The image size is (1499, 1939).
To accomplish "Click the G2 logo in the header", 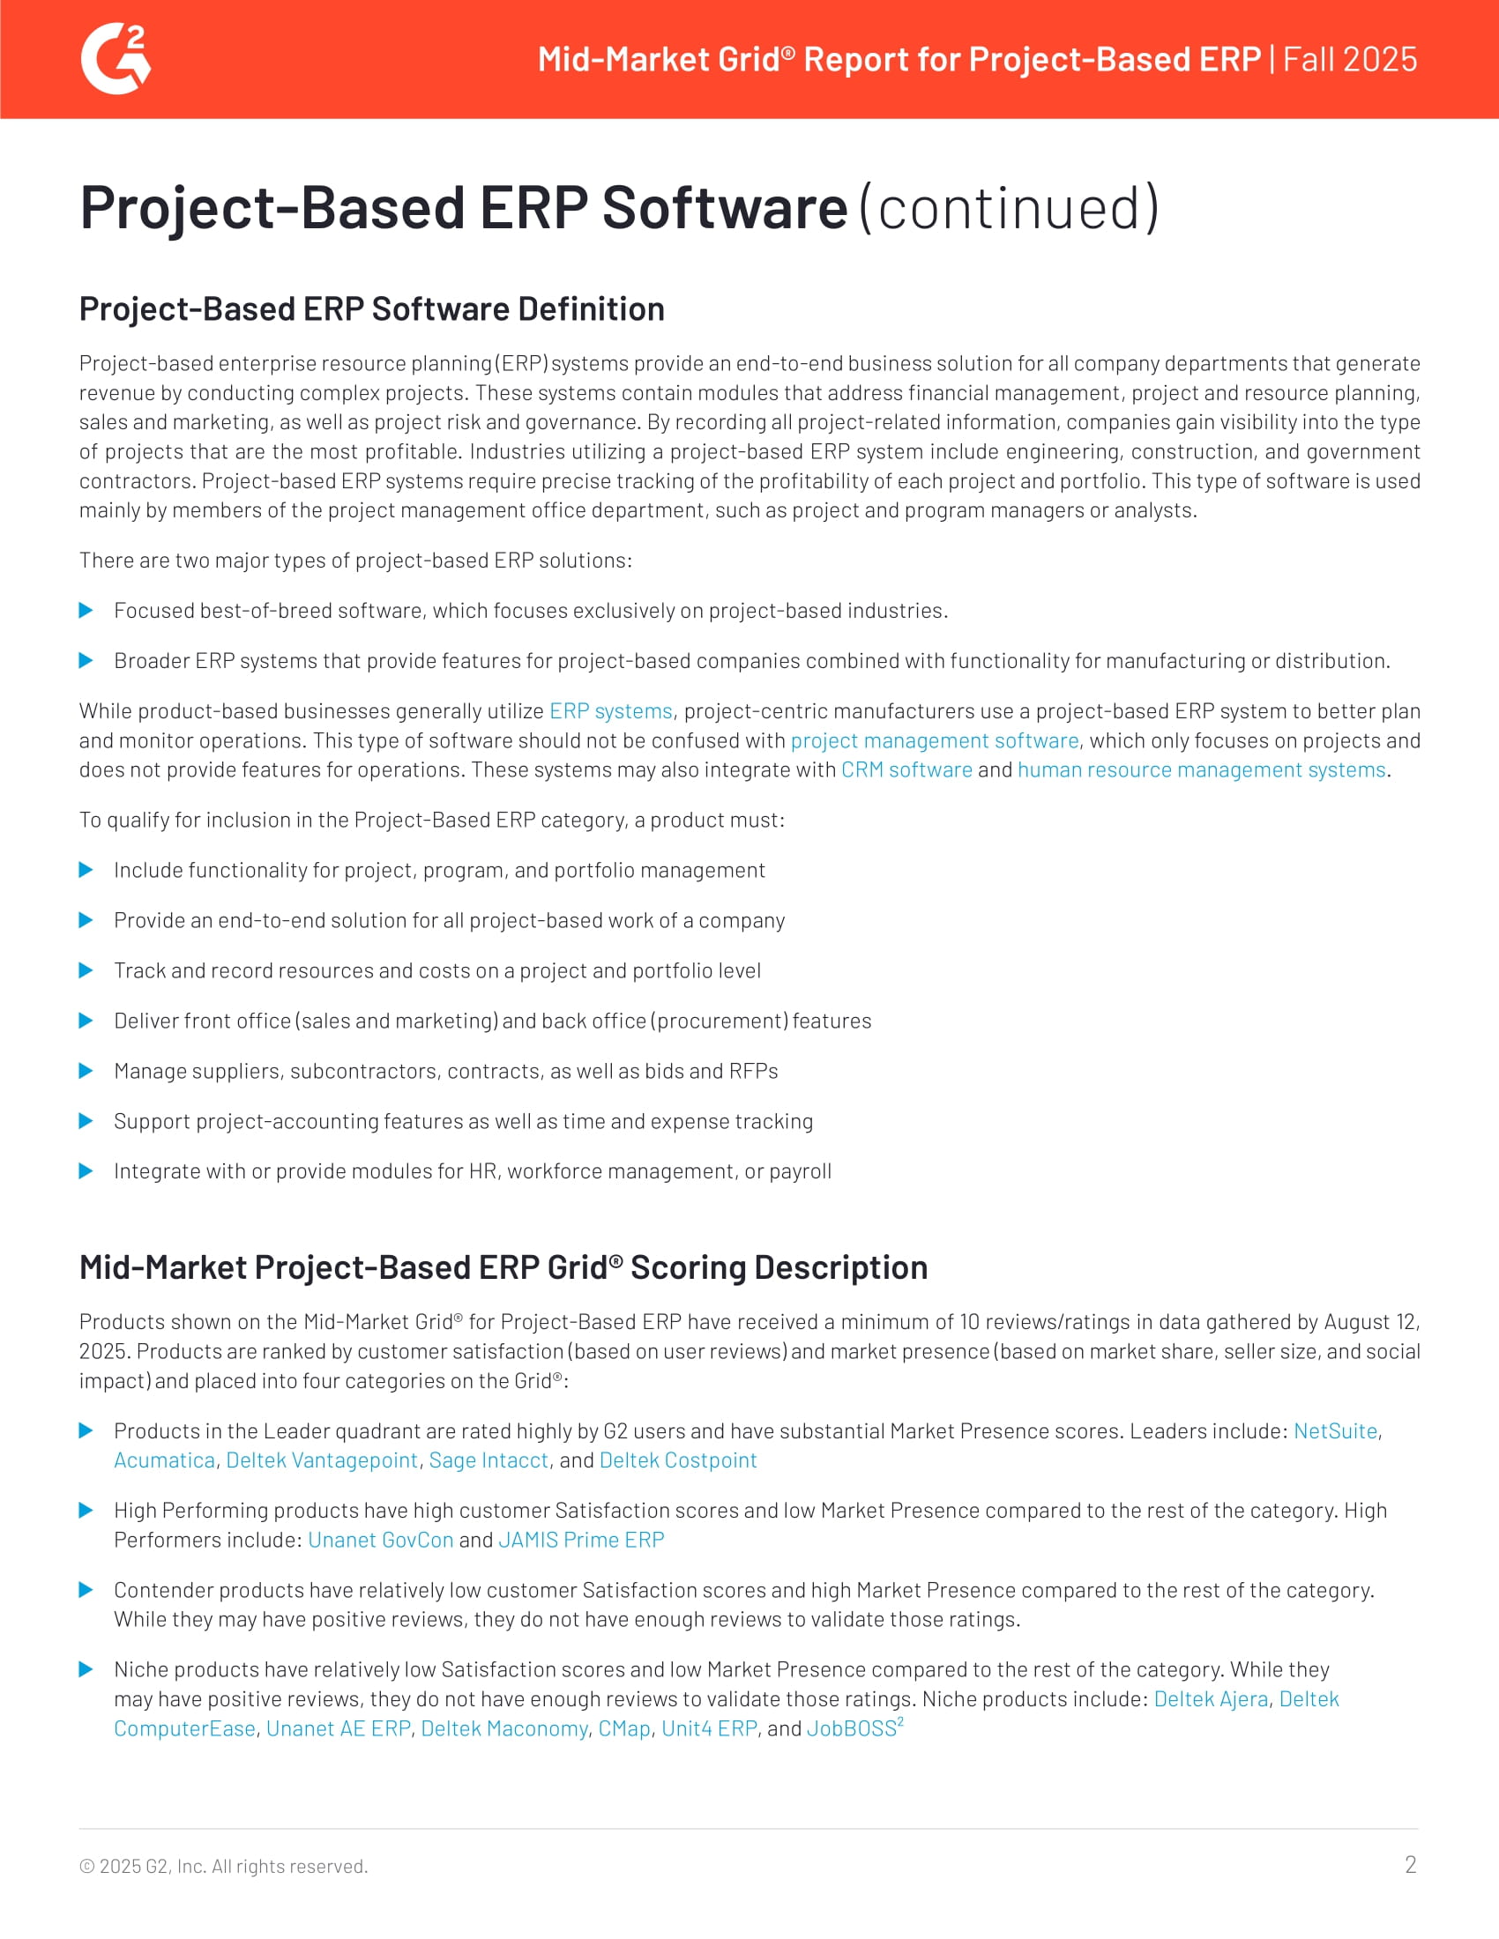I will coord(116,58).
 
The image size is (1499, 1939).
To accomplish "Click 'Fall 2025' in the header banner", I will coord(1349,59).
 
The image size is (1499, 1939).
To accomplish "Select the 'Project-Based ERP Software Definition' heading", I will coord(371,309).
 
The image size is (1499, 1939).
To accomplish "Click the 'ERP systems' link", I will coord(611,711).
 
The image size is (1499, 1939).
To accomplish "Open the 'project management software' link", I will coord(934,740).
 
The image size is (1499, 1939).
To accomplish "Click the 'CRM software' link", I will coord(906,769).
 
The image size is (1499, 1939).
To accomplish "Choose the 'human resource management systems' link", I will coord(1202,769).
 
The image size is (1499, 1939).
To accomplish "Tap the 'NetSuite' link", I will coord(1335,1430).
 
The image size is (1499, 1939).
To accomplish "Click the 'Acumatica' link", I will coord(164,1460).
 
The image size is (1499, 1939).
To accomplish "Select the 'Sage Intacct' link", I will coord(488,1460).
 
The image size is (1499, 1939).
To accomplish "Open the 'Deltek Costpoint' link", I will coord(677,1460).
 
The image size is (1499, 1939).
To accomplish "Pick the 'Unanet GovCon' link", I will coord(380,1540).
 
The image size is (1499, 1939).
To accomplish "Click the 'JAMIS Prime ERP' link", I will coord(581,1540).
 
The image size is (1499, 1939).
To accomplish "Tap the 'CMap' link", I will coord(624,1727).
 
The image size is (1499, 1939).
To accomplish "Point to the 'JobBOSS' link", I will coord(852,1727).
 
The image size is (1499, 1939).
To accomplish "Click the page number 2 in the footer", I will coord(1410,1863).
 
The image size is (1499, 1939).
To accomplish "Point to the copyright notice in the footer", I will coord(224,1865).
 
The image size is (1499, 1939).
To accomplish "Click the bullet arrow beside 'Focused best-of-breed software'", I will coord(86,610).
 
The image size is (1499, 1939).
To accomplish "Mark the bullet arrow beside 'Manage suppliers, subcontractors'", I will coord(86,1071).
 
